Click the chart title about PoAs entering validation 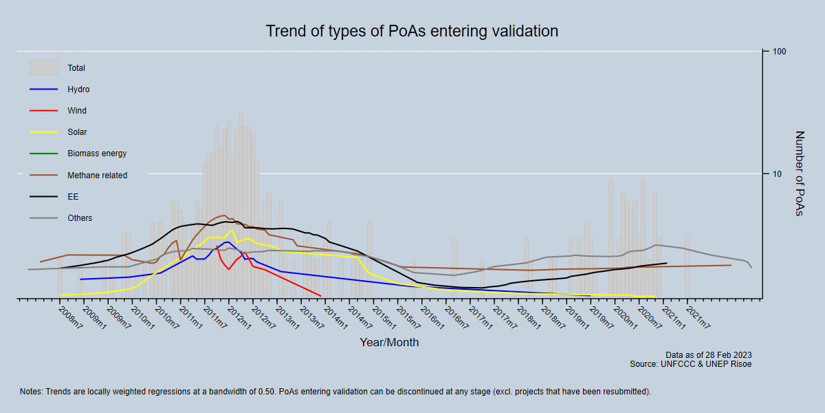(412, 32)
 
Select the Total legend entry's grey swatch (43, 67)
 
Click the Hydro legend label (78, 89)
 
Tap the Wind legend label (77, 111)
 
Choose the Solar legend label (77, 132)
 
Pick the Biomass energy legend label (97, 153)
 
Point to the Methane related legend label (97, 176)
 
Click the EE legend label (73, 197)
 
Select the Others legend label (80, 218)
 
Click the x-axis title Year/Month (389, 342)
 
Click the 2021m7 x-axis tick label (700, 318)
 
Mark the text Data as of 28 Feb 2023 (708, 355)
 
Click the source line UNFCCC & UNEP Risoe (690, 363)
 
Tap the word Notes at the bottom (32, 392)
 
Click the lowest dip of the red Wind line (320, 296)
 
